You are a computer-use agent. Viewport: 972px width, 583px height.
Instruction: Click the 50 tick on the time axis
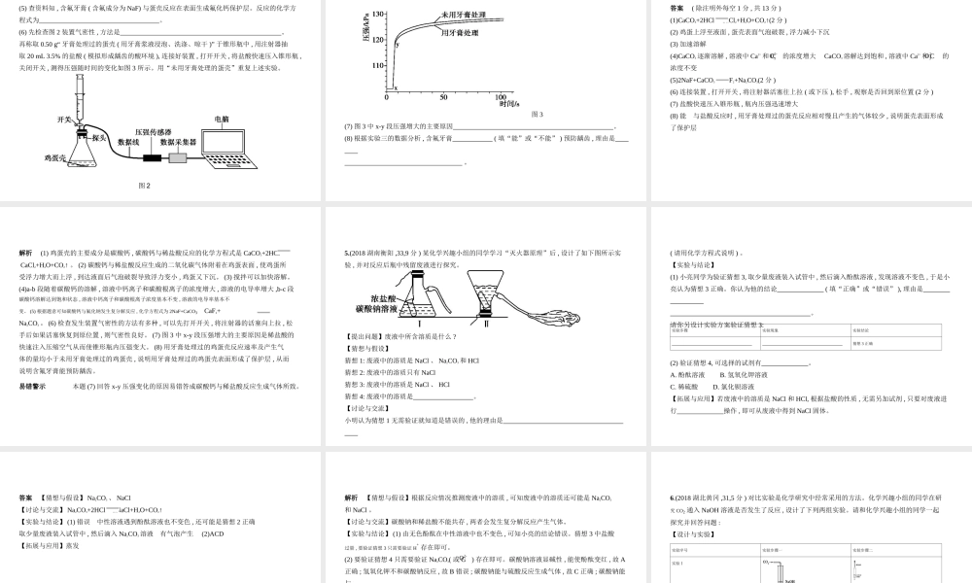click(444, 97)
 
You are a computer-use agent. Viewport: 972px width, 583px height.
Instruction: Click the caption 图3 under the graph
click(537, 114)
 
